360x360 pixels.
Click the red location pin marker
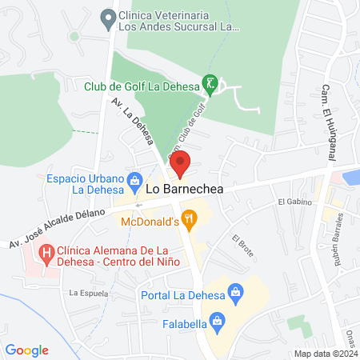pos(181,163)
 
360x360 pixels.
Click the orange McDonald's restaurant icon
pos(189,217)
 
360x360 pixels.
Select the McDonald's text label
pos(150,222)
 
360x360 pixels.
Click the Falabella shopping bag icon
pos(217,322)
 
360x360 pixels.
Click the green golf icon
pos(210,83)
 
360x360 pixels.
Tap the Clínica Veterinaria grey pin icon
pos(106,17)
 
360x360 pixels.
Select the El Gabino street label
pos(294,202)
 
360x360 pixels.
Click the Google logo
pos(27,350)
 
